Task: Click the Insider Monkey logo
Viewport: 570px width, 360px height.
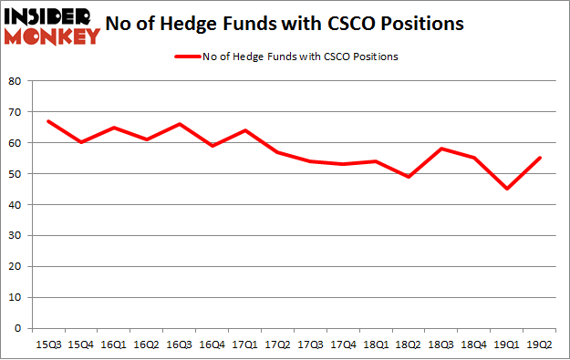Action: click(52, 25)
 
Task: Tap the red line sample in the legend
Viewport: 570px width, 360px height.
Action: click(187, 57)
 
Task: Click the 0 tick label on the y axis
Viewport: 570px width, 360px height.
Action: click(17, 328)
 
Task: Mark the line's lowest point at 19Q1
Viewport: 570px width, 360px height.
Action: click(506, 189)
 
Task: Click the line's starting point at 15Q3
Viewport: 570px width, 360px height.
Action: click(48, 121)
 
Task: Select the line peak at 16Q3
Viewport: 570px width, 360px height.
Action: click(180, 124)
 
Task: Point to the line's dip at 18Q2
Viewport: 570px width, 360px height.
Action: click(409, 177)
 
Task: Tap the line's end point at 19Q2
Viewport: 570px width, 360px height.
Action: click(539, 158)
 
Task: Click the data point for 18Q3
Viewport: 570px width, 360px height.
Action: click(441, 149)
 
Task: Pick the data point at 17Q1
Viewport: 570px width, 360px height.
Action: click(245, 130)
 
